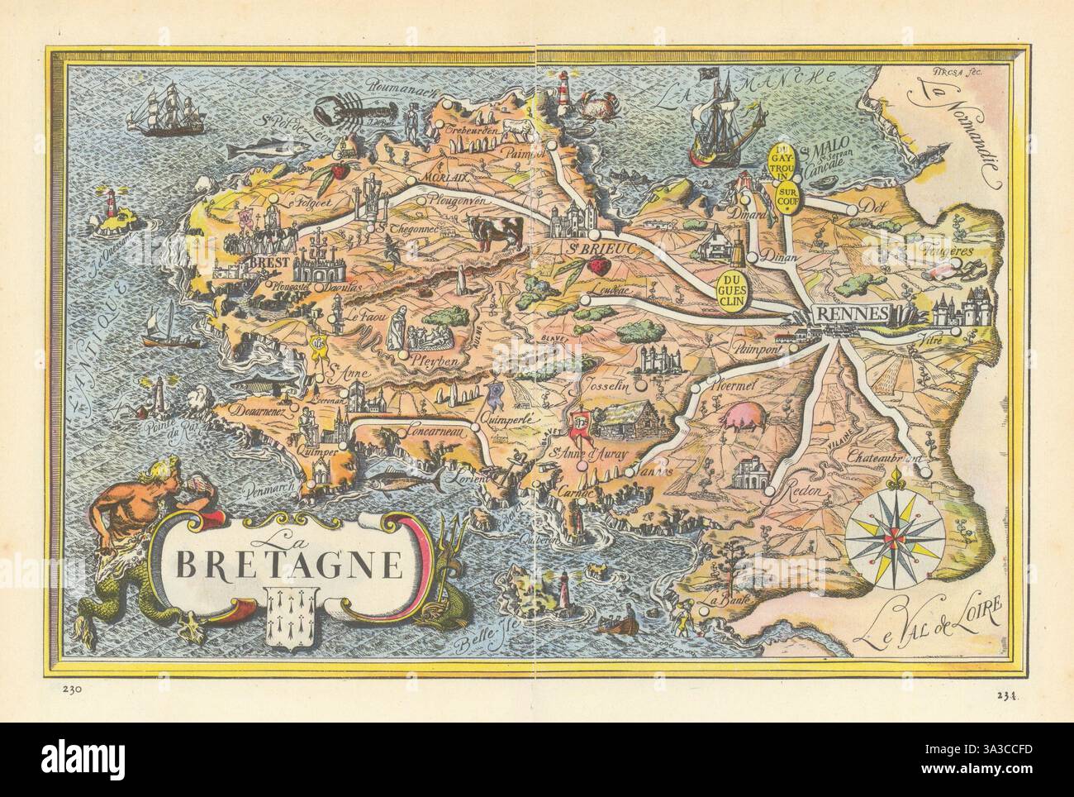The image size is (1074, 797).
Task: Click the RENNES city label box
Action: [852, 313]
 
